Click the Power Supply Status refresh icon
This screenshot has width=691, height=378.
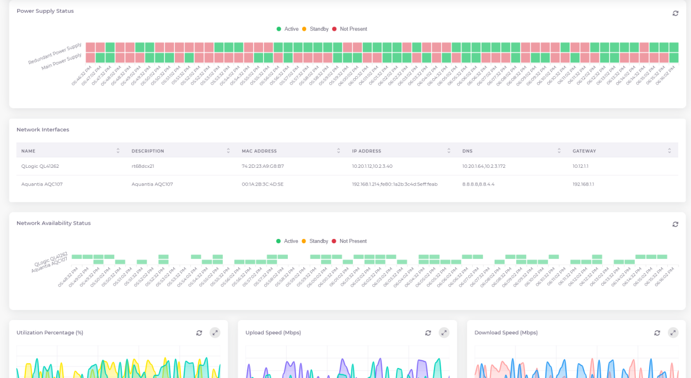pyautogui.click(x=676, y=13)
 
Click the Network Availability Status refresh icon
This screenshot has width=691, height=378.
pyautogui.click(x=676, y=224)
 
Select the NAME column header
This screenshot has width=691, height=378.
pyautogui.click(x=29, y=151)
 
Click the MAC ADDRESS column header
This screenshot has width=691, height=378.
pyautogui.click(x=259, y=151)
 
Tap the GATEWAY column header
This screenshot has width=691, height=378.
pyautogui.click(x=584, y=151)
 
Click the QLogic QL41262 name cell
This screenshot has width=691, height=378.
pyautogui.click(x=40, y=166)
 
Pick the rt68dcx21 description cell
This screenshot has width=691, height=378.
pyautogui.click(x=143, y=166)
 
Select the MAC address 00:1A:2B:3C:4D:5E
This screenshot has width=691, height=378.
pyautogui.click(x=263, y=184)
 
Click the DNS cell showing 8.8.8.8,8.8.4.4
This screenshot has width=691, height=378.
pyautogui.click(x=478, y=184)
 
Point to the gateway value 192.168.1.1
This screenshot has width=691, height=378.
pyautogui.click(x=583, y=184)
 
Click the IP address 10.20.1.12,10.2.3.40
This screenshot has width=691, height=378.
pyautogui.click(x=372, y=166)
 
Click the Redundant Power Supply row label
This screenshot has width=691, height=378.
pyautogui.click(x=55, y=54)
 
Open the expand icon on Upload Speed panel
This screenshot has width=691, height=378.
pyautogui.click(x=444, y=333)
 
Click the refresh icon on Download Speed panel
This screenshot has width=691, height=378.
pyautogui.click(x=657, y=333)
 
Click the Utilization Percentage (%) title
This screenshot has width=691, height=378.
pyautogui.click(x=50, y=333)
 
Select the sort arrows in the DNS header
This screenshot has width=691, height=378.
pyautogui.click(x=559, y=151)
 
